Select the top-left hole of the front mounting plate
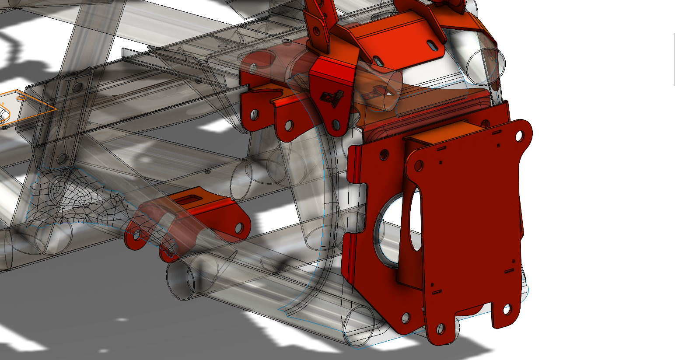click(418, 165)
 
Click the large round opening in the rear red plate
click(387, 230)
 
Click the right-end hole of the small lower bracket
click(239, 227)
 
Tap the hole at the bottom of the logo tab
click(336, 126)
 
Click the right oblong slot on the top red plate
click(430, 45)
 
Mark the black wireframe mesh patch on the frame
click(74, 197)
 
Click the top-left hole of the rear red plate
click(383, 154)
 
